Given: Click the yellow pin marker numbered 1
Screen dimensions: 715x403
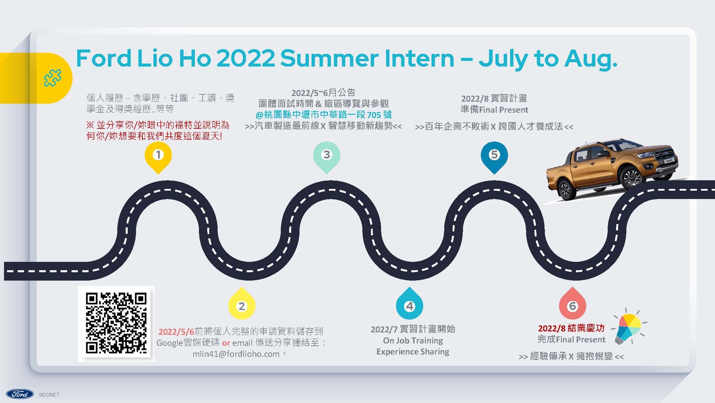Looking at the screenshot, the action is click(x=158, y=157).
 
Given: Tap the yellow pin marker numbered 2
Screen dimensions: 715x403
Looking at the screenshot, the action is click(x=242, y=304).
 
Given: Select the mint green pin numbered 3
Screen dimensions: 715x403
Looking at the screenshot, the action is click(x=327, y=157).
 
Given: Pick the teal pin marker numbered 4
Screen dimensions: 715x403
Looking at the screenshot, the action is click(x=409, y=304).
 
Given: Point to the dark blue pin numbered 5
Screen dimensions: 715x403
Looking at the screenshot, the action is click(x=494, y=157).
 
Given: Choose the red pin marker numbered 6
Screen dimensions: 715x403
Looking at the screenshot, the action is click(x=573, y=304).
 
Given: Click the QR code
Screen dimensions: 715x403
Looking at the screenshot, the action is click(x=116, y=323).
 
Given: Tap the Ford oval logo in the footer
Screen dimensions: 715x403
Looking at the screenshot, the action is click(x=20, y=394).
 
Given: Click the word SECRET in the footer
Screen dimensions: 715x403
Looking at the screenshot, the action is click(x=49, y=395).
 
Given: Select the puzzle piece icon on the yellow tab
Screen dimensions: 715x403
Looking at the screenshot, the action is click(x=53, y=78).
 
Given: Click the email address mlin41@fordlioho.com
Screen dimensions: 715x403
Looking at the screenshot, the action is click(x=236, y=354).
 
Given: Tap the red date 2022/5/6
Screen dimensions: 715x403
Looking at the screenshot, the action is click(x=176, y=331).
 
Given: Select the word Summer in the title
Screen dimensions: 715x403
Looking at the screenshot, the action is click(x=330, y=58).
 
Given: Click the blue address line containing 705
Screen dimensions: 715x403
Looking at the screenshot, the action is click(x=323, y=115).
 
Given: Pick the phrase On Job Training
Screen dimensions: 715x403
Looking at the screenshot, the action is click(x=413, y=340).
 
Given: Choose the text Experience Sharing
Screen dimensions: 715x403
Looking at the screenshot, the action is click(x=413, y=351).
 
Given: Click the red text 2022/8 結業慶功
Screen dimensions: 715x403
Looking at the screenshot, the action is click(x=571, y=328).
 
